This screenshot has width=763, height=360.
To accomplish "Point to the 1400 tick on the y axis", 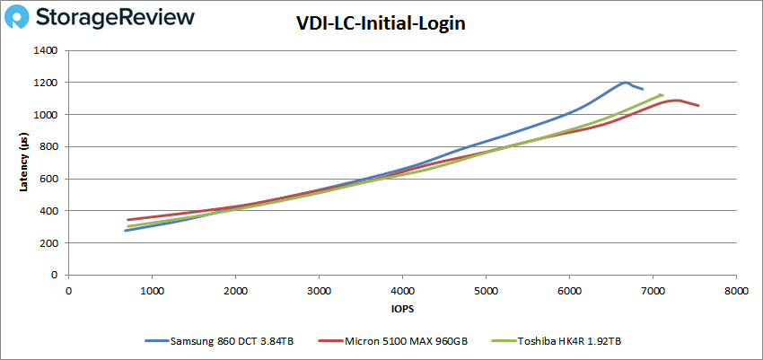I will tap(45, 51).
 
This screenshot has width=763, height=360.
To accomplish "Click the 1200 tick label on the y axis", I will tap(45, 83).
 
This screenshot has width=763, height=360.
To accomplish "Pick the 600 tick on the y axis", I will tap(48, 180).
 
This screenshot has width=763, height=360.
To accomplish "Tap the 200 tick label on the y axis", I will tap(48, 243).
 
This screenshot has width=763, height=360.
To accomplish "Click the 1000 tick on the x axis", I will tap(152, 290).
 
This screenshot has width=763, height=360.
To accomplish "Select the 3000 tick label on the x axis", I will tap(319, 290).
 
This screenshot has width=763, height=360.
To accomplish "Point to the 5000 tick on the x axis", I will tap(486, 290).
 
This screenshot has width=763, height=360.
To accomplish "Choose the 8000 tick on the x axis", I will tap(736, 290).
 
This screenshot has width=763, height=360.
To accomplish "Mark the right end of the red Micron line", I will tap(698, 106).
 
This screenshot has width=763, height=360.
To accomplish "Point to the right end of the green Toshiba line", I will tap(662, 94).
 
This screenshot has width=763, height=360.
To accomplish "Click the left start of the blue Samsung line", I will tap(126, 231).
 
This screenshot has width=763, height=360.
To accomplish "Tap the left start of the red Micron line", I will tap(127, 220).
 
